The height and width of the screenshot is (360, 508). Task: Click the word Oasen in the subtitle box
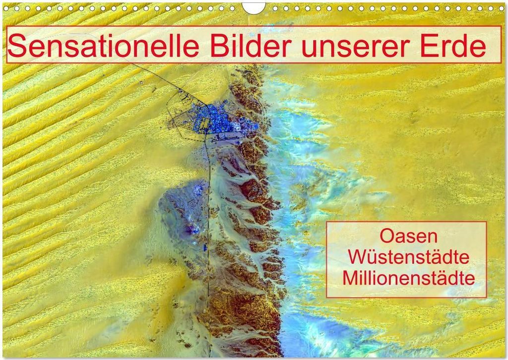[x=408, y=236]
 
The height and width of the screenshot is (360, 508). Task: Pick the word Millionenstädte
[x=409, y=278]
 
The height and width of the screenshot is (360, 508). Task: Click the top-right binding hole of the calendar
[x=502, y=8]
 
